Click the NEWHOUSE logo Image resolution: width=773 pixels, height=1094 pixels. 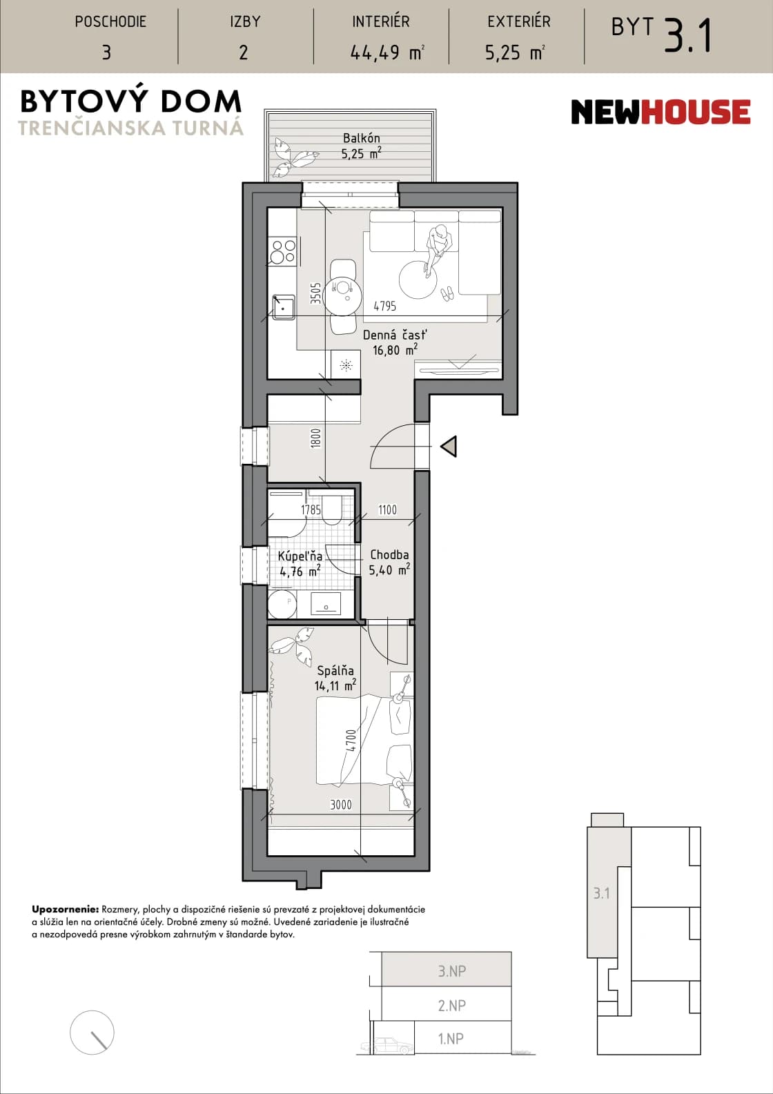661,112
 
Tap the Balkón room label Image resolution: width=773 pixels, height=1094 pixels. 362,138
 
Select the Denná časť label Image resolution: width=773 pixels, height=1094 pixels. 395,335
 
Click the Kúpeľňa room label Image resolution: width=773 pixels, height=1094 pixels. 300,556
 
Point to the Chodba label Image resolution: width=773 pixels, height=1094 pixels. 389,555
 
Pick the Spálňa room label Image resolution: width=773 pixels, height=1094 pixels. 335,671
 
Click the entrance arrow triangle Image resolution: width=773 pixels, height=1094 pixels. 449,447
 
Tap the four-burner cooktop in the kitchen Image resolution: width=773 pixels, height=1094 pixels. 283,251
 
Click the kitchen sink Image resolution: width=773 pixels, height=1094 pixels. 283,307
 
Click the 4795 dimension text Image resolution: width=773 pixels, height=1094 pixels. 385,306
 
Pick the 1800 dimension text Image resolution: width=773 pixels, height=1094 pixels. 315,438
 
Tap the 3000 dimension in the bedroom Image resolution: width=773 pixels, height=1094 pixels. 341,804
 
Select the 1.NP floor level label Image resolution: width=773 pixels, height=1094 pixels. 451,1038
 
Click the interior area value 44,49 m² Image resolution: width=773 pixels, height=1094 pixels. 387,52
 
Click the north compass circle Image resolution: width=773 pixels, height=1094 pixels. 92,1033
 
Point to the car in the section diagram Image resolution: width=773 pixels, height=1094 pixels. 386,1045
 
